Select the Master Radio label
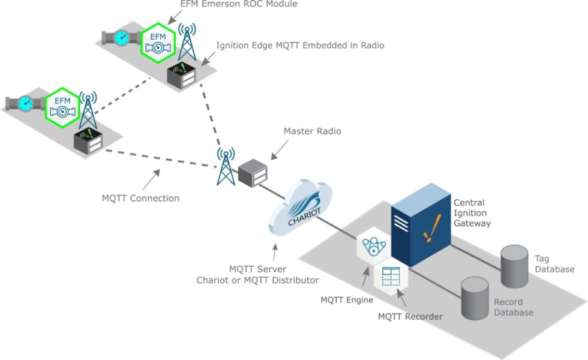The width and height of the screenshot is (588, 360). pyautogui.click(x=312, y=131)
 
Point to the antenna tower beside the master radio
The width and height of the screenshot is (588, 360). pyautogui.click(x=226, y=168)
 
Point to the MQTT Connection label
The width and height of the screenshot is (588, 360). pyautogui.click(x=140, y=197)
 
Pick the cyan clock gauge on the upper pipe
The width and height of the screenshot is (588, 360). pyautogui.click(x=122, y=38)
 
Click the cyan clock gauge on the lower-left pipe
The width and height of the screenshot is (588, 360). pyautogui.click(x=25, y=103)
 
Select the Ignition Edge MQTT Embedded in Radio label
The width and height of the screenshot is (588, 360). pyautogui.click(x=300, y=45)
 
